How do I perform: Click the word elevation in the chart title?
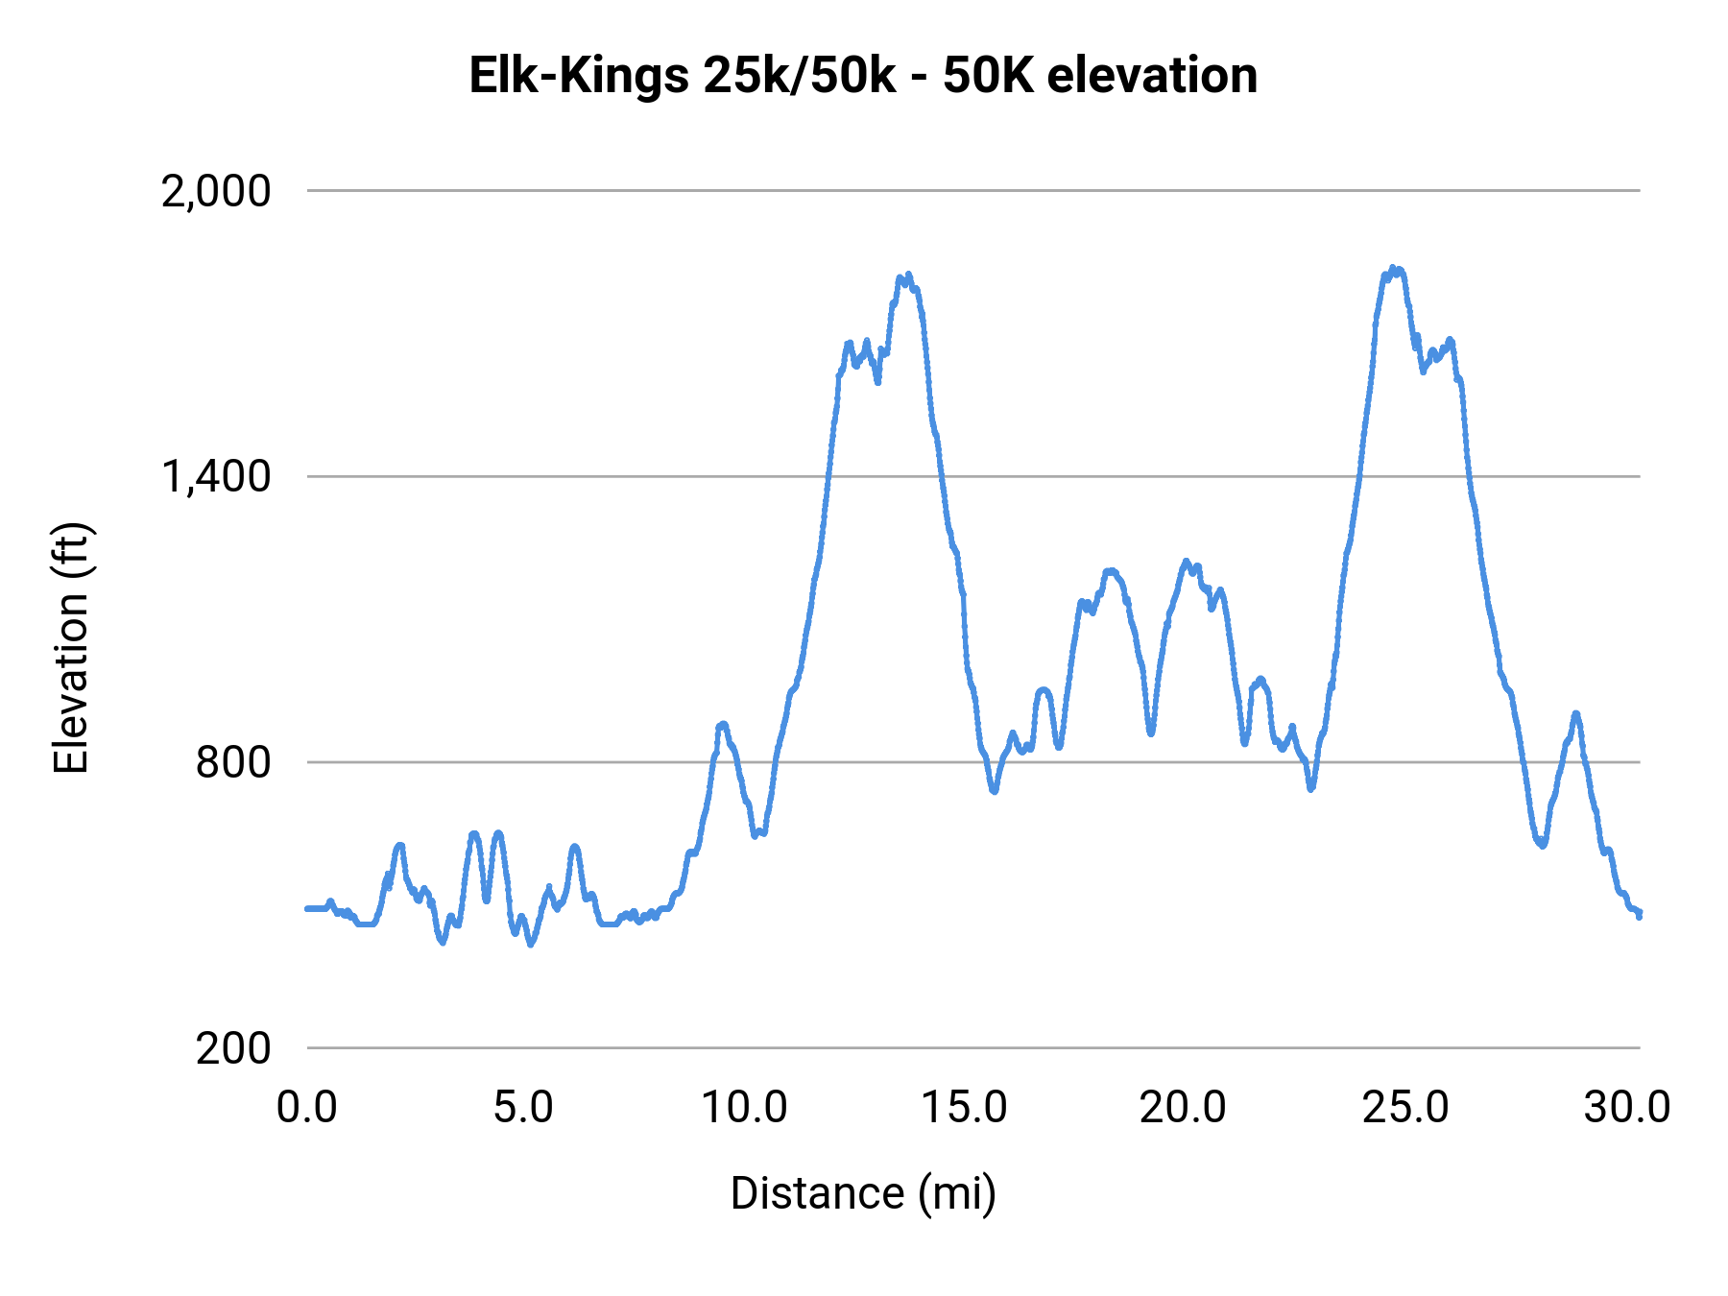(1152, 77)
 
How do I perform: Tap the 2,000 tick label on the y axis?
(216, 192)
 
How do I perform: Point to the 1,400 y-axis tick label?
(216, 477)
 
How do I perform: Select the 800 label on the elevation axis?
(233, 763)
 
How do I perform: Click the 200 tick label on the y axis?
(233, 1048)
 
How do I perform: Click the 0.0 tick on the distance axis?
(307, 1108)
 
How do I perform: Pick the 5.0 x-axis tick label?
(523, 1108)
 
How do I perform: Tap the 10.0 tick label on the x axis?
(744, 1108)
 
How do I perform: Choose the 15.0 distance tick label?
(964, 1108)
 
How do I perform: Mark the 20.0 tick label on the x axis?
(1183, 1108)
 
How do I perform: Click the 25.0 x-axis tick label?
(1405, 1108)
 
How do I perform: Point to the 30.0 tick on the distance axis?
(1627, 1108)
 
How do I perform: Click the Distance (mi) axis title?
(863, 1193)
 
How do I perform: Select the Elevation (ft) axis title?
(71, 648)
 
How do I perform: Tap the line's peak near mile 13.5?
(907, 276)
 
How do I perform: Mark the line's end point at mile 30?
(1640, 915)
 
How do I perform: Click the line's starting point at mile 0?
(307, 908)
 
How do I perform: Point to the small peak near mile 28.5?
(1575, 714)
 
